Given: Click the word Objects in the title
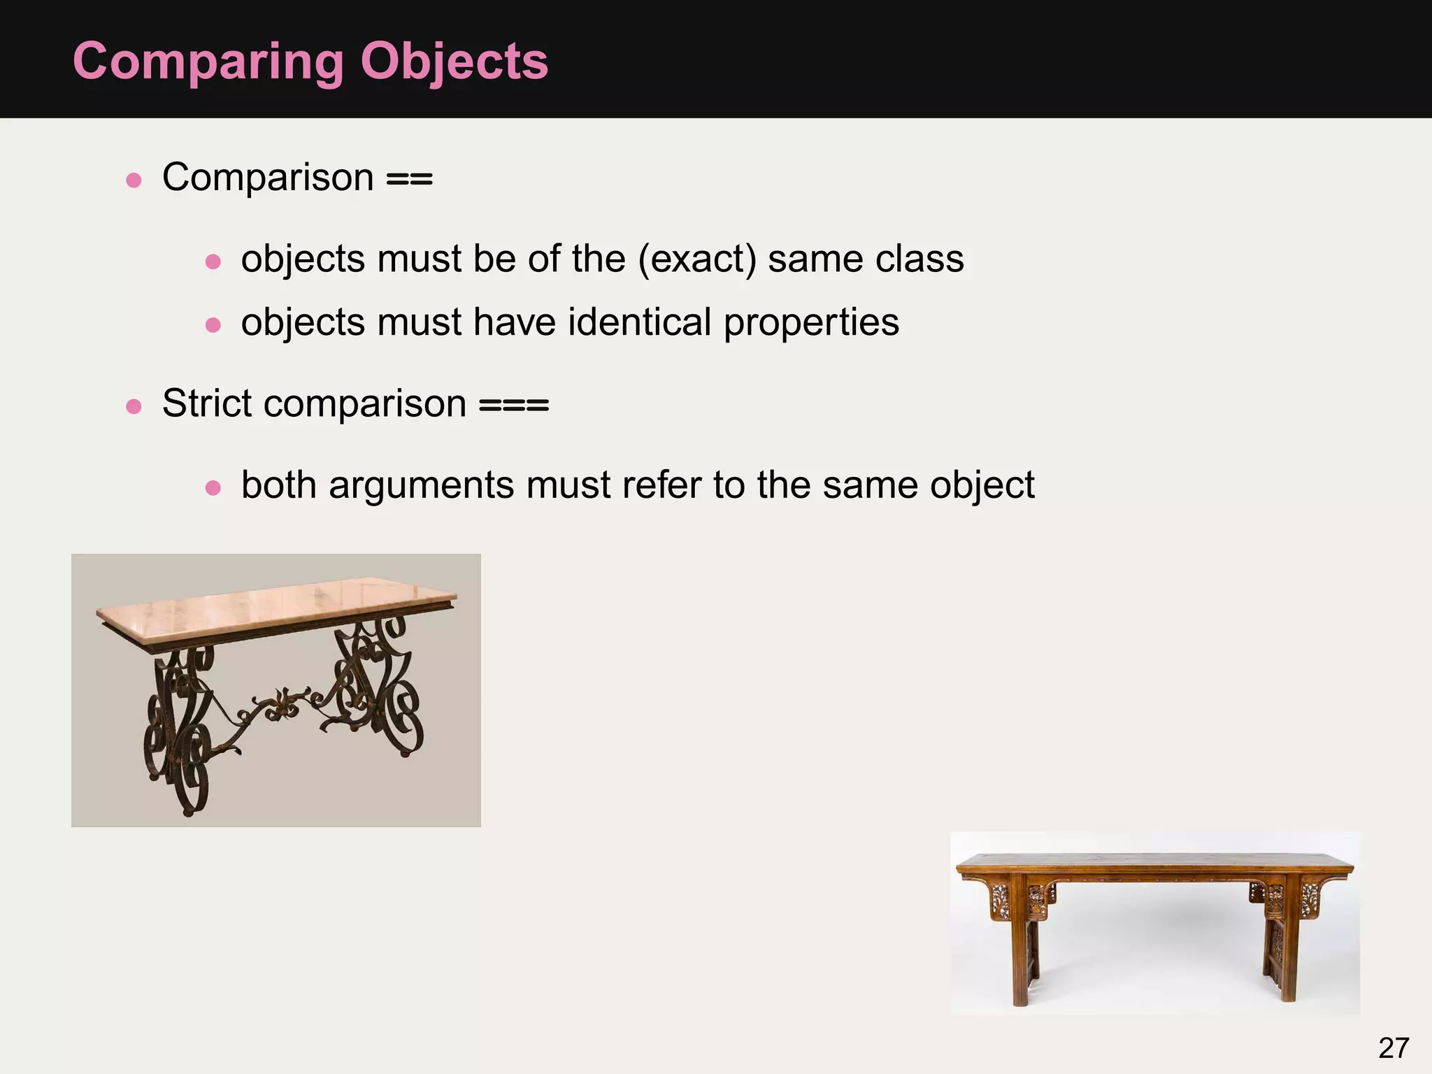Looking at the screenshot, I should coord(454,62).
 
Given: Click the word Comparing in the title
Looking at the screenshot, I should coord(208,62).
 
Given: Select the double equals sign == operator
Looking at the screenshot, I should coord(410,179).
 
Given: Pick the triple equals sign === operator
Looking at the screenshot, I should coord(514,406).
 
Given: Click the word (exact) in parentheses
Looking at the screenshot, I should coord(697,259).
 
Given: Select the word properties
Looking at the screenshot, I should coord(811,324).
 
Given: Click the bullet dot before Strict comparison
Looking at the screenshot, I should coord(134,406).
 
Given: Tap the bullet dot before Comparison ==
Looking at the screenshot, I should coord(134,180).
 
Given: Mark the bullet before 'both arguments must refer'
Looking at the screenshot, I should coord(213,487).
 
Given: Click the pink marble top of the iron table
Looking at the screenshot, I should coord(276,603).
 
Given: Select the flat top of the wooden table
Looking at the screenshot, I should coord(1154,861).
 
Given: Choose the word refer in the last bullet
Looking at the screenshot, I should coord(668,485).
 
